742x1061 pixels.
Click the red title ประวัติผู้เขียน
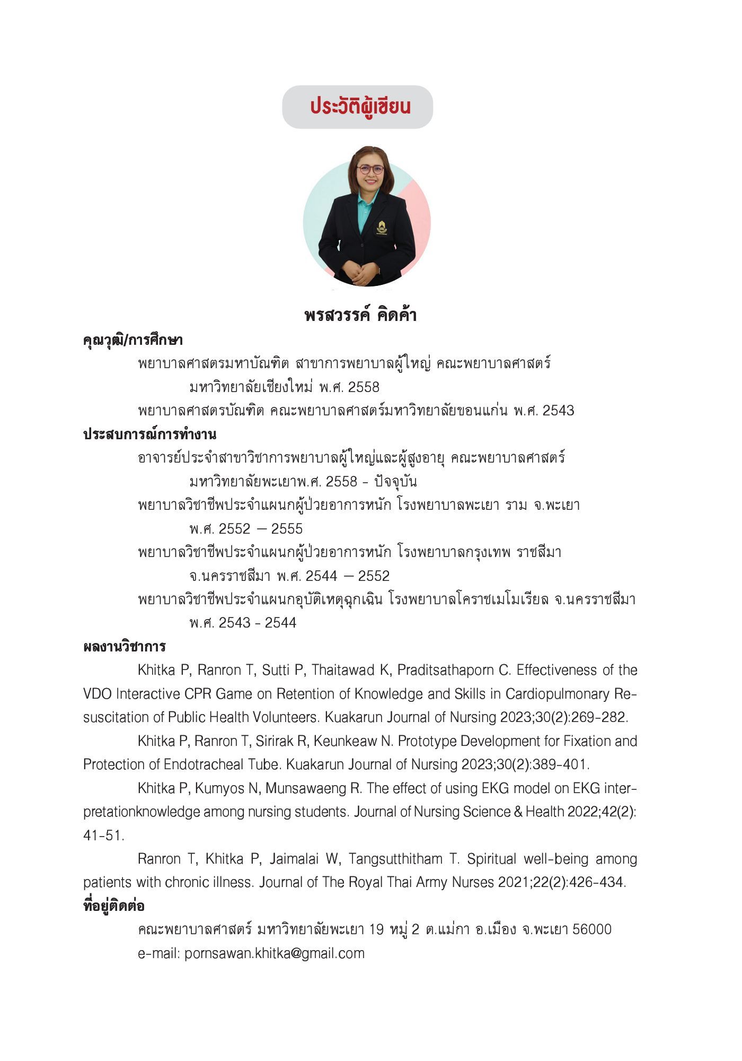click(360, 107)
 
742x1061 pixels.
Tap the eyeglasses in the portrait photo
click(370, 170)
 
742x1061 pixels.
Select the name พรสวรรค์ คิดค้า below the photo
click(360, 316)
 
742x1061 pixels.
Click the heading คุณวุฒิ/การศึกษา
click(133, 340)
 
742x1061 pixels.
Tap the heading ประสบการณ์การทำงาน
click(150, 434)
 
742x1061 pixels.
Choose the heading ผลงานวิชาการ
click(125, 647)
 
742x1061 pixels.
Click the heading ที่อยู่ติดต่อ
click(114, 906)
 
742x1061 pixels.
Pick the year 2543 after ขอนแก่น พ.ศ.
click(558, 411)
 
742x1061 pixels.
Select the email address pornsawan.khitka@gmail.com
click(275, 953)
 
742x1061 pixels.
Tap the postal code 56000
click(592, 930)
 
